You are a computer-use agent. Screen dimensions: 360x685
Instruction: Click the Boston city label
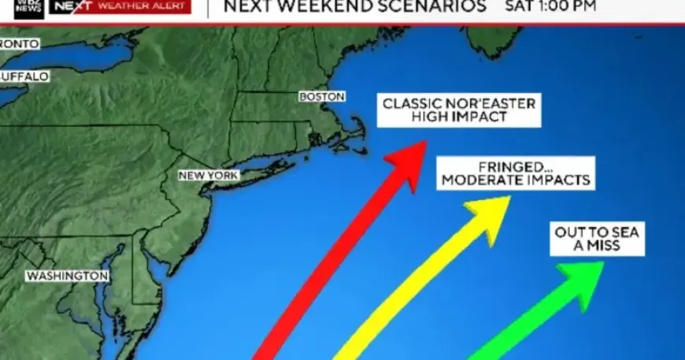[322, 96]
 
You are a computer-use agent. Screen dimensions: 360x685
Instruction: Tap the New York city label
[208, 175]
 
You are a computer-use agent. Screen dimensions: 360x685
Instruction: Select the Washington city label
[67, 276]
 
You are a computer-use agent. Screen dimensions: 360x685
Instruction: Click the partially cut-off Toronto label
[19, 43]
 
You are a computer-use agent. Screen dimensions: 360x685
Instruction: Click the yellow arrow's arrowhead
[491, 213]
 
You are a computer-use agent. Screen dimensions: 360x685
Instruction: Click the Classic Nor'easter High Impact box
[459, 110]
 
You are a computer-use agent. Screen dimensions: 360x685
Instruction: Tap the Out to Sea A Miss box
[598, 238]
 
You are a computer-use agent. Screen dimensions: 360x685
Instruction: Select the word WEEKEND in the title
[324, 7]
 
